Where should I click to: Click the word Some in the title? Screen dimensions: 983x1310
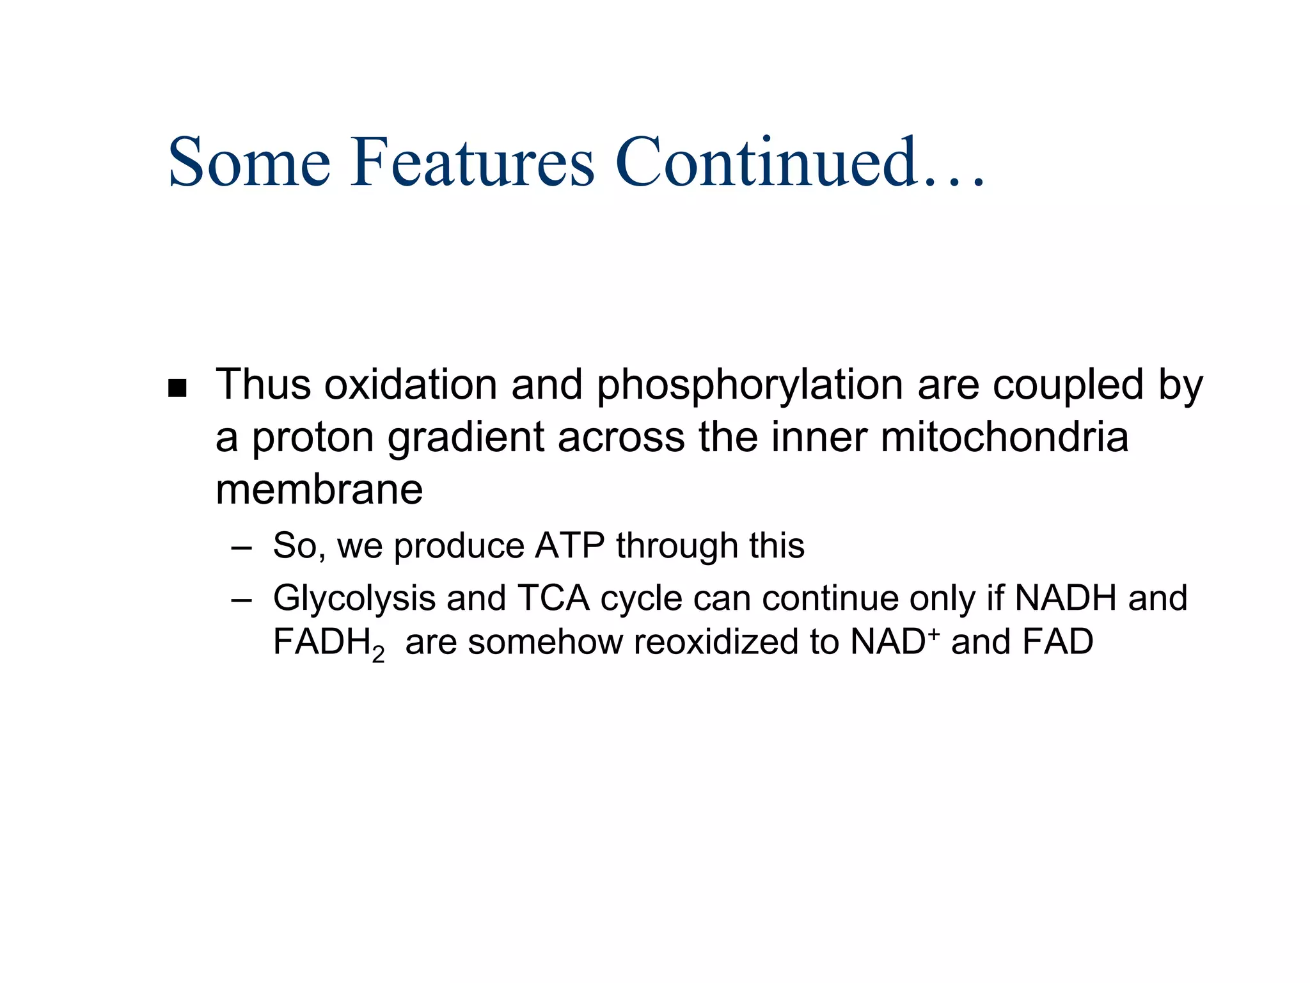pyautogui.click(x=249, y=163)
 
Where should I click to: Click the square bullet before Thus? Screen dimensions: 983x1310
pyautogui.click(x=177, y=388)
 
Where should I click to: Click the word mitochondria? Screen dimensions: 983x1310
pyautogui.click(x=1004, y=438)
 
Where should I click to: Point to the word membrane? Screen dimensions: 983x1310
pyautogui.click(x=319, y=490)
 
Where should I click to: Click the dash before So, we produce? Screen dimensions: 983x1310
pyautogui.click(x=242, y=548)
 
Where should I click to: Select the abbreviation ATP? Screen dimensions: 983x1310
pyautogui.click(x=569, y=546)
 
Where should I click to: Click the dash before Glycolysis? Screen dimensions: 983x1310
pyautogui.click(x=242, y=600)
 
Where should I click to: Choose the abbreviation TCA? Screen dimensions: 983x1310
pyautogui.click(x=553, y=598)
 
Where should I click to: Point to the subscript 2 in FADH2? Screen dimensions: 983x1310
pyautogui.click(x=378, y=654)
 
